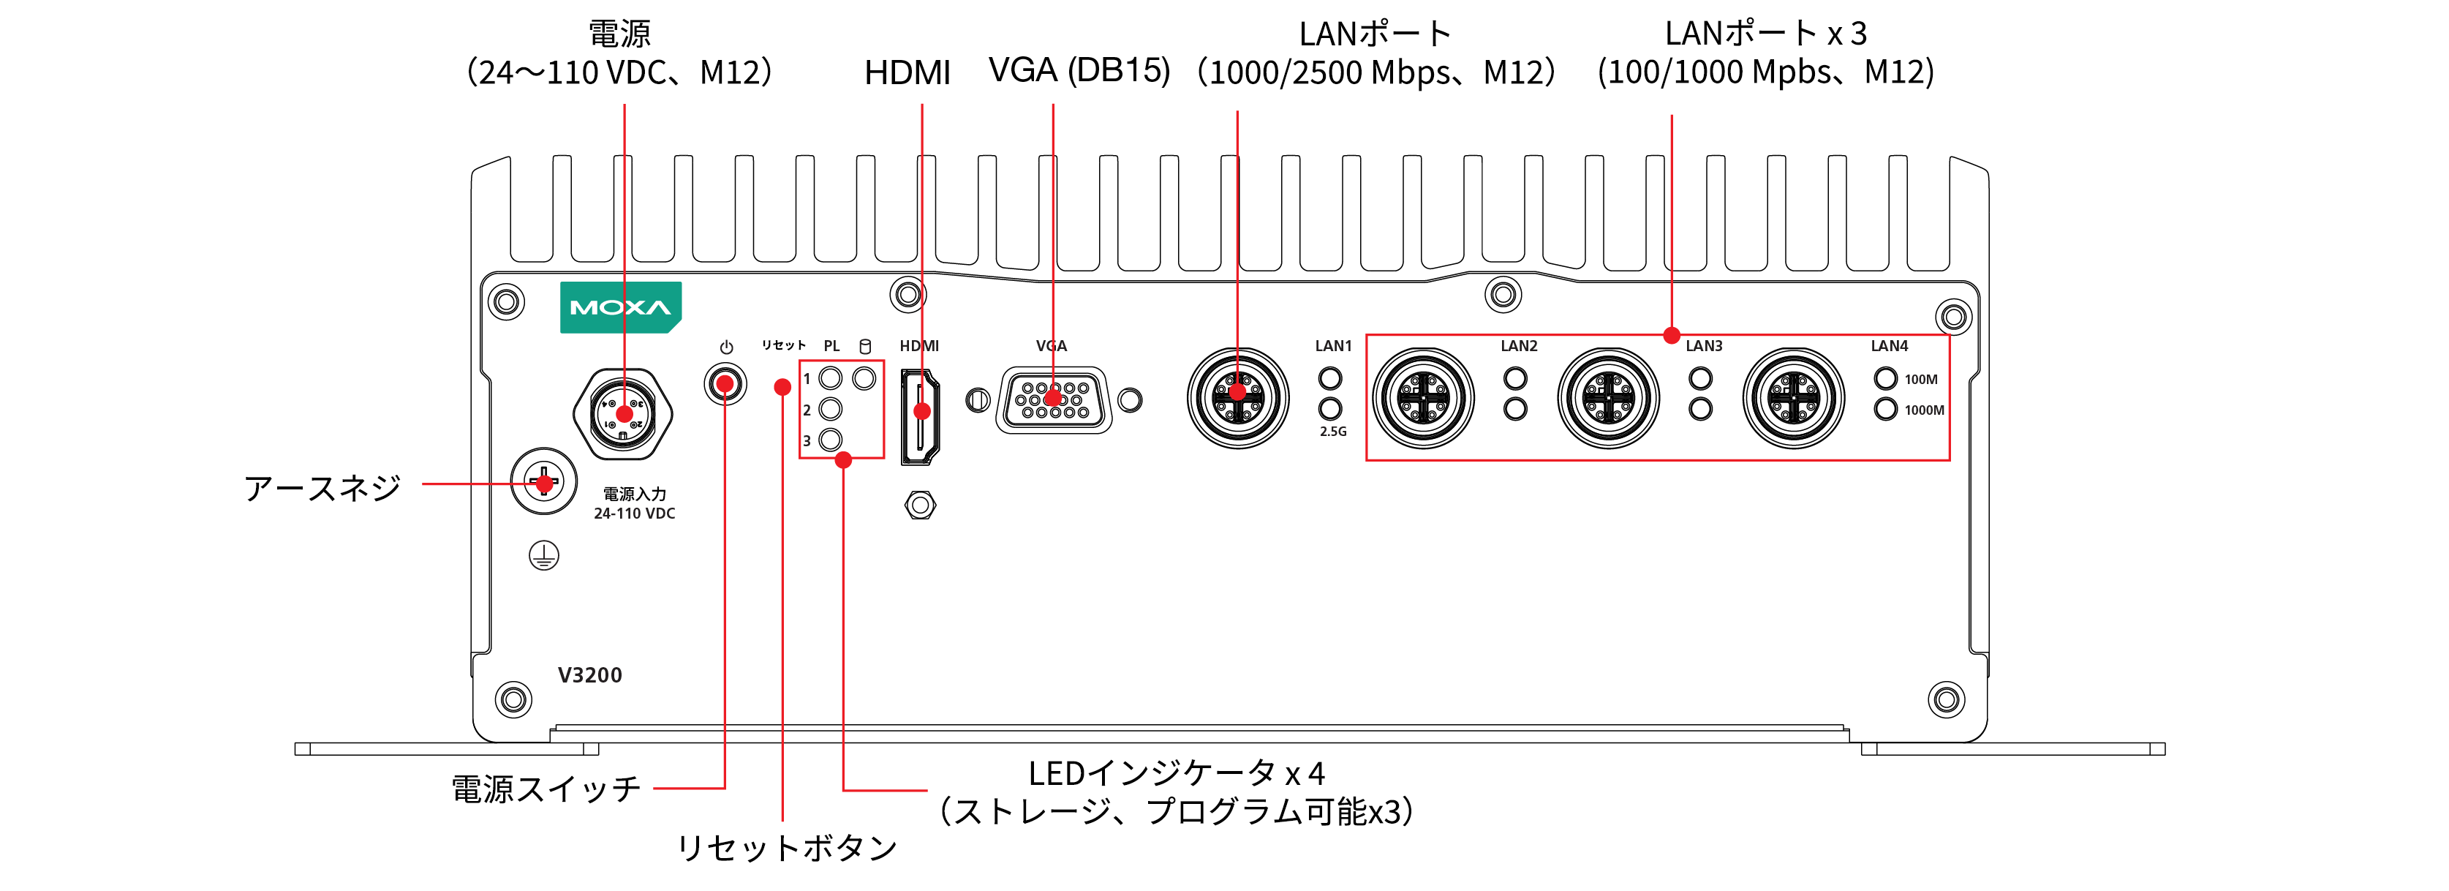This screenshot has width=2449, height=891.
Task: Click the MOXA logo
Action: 620,307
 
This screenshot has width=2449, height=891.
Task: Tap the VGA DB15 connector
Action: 1053,399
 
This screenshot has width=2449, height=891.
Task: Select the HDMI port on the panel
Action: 920,416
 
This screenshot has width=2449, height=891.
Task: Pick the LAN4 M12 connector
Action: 1793,397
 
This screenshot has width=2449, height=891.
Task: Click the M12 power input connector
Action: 624,413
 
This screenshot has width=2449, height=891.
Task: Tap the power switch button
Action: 725,384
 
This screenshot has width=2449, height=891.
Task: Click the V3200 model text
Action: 589,675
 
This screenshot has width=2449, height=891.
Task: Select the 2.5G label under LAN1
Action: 1333,432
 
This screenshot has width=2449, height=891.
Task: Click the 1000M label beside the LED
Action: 1923,410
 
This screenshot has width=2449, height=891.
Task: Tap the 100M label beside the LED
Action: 1920,380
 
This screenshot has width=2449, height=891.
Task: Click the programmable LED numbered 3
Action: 830,440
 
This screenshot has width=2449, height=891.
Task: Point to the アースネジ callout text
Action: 322,488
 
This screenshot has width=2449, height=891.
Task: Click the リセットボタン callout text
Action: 786,847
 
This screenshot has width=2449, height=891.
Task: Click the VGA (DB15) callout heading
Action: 1079,70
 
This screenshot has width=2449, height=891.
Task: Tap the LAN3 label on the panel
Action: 1704,346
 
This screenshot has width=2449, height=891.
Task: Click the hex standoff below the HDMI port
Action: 919,505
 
